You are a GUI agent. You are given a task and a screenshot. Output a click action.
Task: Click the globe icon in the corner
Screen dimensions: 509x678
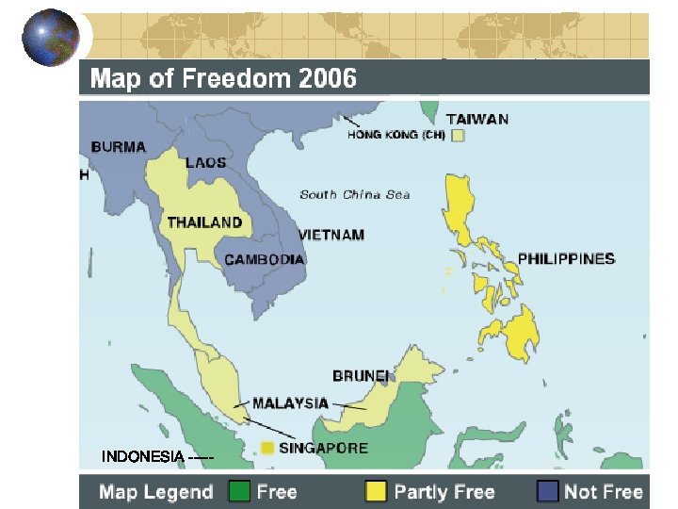point(51,37)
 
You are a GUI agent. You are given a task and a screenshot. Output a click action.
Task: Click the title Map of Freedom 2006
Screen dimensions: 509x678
point(223,78)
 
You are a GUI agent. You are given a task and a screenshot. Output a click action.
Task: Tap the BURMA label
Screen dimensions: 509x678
point(119,146)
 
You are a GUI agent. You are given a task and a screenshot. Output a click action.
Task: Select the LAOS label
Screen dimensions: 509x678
point(205,162)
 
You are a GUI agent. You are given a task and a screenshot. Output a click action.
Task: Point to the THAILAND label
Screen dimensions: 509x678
point(204,222)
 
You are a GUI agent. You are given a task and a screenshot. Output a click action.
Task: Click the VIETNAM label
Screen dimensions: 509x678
point(331,235)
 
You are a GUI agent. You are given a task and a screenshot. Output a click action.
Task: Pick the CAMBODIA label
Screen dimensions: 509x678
point(264,259)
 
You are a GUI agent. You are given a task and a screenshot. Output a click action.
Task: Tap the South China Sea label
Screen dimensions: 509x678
point(355,195)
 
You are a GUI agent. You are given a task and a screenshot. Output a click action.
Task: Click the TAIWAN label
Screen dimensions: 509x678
point(477,120)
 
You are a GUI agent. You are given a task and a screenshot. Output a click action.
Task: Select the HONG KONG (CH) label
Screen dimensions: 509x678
point(395,135)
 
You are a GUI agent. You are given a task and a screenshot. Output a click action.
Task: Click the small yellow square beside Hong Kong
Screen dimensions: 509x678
point(458,135)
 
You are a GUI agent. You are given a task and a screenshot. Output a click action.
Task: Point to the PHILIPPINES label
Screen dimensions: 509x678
point(566,258)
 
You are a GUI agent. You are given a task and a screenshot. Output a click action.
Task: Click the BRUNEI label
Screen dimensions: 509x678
point(361,376)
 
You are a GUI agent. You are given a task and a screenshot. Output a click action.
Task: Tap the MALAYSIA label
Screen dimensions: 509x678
point(290,403)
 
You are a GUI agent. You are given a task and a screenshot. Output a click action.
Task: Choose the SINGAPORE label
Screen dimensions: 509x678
point(323,448)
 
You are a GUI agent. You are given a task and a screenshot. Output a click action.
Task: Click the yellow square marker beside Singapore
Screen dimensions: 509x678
point(267,447)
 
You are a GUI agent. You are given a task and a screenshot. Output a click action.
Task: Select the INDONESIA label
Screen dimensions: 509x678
point(143,457)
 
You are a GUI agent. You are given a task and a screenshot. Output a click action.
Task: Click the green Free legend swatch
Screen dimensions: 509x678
point(239,492)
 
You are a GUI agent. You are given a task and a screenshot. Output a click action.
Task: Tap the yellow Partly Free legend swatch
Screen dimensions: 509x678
point(377,492)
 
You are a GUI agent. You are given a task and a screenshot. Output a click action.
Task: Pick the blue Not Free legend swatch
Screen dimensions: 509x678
point(547,492)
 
